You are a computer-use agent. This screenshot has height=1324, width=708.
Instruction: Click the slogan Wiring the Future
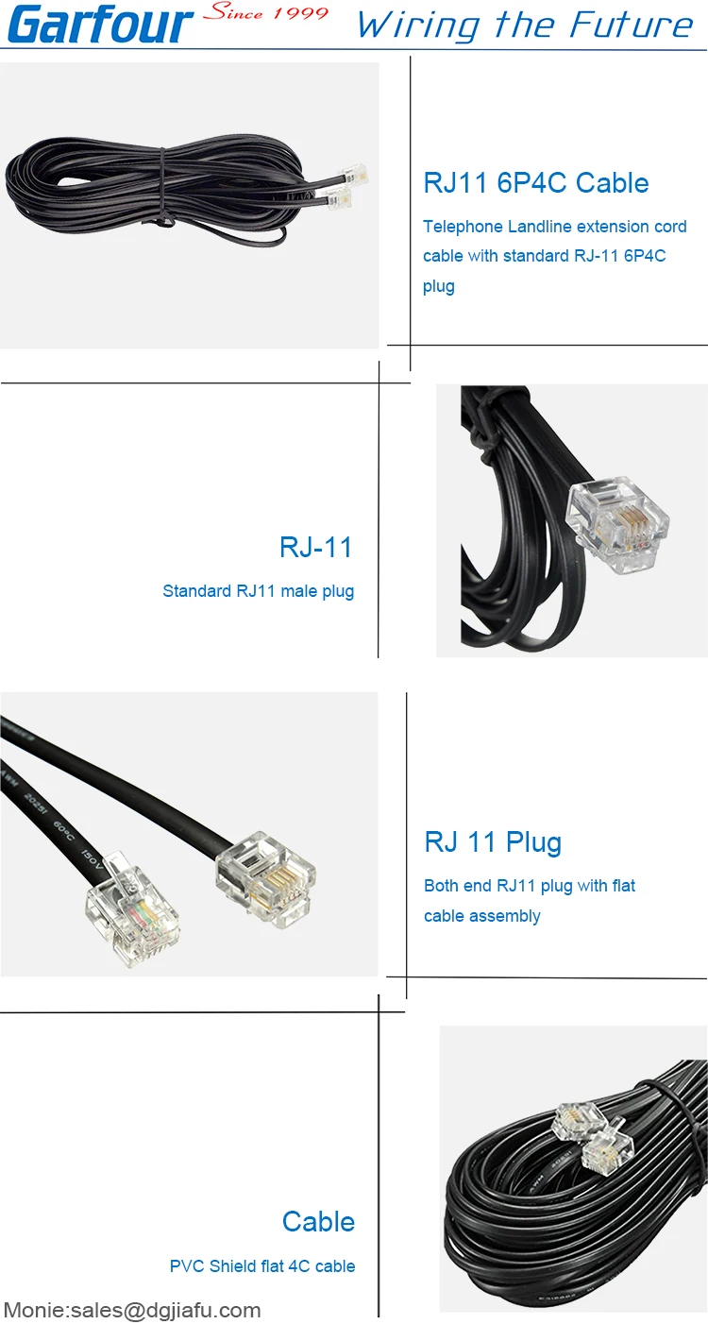(525, 25)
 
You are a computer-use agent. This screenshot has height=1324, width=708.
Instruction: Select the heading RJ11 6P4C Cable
(536, 182)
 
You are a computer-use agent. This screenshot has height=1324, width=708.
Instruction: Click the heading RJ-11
(316, 547)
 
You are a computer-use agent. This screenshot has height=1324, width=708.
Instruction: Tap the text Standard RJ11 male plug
(259, 591)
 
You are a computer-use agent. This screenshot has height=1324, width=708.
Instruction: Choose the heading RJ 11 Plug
(493, 841)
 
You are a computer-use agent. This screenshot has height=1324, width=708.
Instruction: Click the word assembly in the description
(511, 916)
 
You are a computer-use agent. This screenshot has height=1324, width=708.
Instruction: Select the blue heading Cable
(318, 1221)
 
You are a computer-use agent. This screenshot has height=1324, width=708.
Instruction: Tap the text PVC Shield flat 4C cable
(262, 1266)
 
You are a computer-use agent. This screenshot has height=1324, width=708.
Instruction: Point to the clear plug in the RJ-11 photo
(617, 525)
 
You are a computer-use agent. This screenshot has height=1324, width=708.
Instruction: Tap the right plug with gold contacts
(265, 878)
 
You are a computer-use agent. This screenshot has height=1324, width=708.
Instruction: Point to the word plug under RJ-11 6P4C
(439, 286)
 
